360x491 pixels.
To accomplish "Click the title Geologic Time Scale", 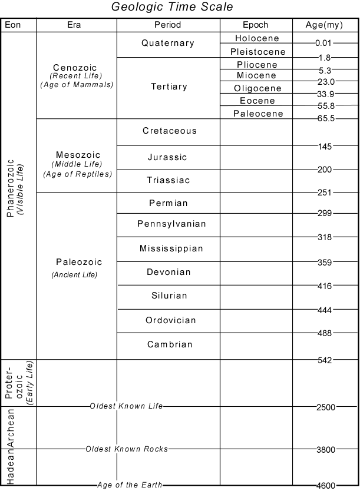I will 172,8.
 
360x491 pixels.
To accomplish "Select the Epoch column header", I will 256,25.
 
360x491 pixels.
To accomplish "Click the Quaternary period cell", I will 168,43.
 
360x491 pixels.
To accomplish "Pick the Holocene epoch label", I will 256,38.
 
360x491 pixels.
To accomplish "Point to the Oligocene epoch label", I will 256,88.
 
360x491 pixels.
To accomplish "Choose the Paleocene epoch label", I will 256,113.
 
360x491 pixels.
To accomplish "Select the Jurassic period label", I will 168,157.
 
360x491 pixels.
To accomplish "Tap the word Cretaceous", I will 169,131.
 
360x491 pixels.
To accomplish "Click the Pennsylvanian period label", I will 171,224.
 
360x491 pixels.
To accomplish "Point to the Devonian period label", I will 169,272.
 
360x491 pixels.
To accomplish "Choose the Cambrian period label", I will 169,344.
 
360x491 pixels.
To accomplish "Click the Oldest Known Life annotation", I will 126,406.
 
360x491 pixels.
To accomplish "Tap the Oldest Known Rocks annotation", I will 127,449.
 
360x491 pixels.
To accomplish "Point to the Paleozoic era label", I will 79,262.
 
